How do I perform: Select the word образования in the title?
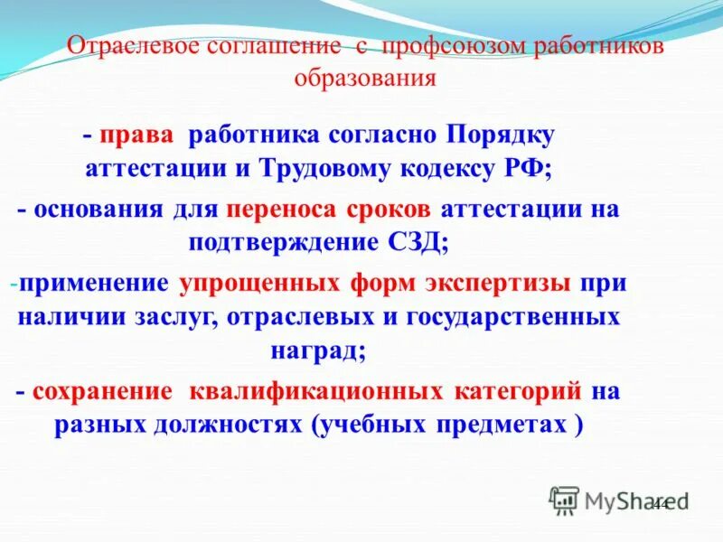[x=365, y=79]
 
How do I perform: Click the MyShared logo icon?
[x=564, y=500]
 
